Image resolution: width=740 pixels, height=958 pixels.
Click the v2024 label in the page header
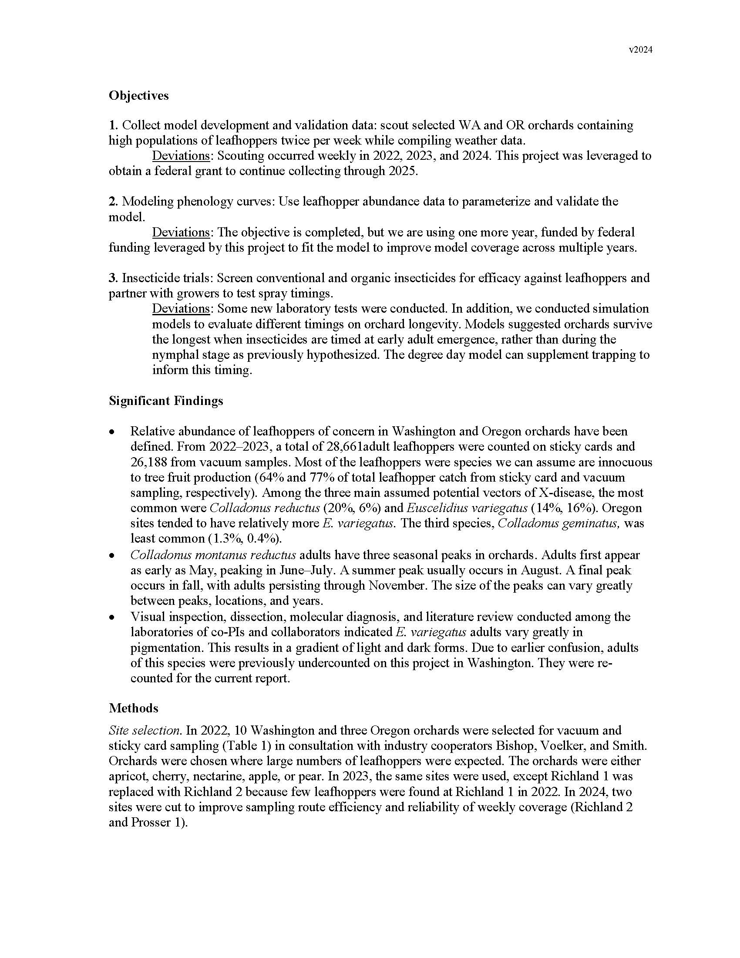(640, 50)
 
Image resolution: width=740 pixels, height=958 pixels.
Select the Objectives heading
(138, 95)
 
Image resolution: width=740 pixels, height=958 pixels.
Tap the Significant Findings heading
(166, 401)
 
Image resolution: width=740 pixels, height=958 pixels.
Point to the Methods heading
(133, 708)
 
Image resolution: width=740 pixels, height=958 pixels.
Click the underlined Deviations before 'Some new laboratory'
(181, 308)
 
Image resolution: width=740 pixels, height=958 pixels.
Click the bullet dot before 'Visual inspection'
(113, 617)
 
